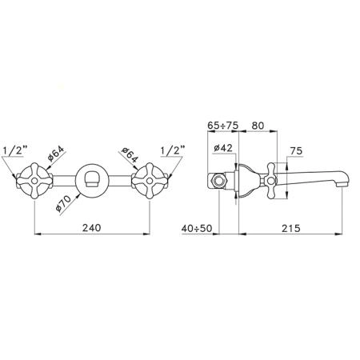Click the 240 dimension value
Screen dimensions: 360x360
click(x=92, y=227)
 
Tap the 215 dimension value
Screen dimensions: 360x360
click(x=291, y=228)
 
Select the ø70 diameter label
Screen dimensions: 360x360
click(x=63, y=203)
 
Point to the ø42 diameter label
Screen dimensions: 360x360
click(x=223, y=148)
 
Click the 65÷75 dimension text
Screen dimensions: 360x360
click(x=223, y=126)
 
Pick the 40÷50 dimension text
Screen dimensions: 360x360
click(x=197, y=228)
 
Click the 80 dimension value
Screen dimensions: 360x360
click(x=258, y=126)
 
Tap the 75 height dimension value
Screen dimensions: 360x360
click(x=296, y=151)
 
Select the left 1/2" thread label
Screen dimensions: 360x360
click(x=15, y=150)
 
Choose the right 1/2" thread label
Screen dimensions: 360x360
click(x=173, y=150)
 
